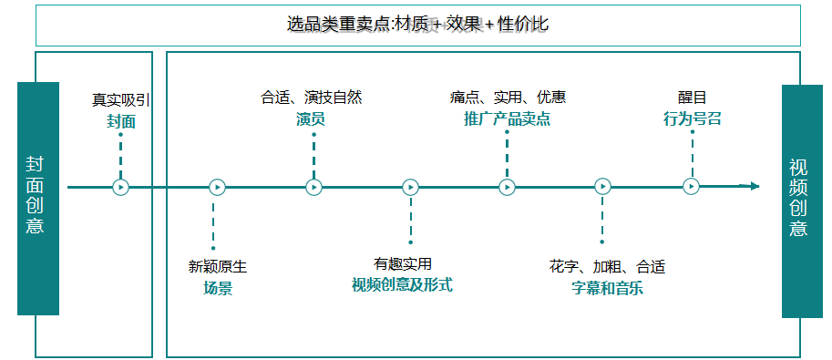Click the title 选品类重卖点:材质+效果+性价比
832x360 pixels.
417,25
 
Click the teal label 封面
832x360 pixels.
120,121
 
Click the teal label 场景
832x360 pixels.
217,289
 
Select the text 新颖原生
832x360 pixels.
217,267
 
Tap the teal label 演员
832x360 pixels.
311,118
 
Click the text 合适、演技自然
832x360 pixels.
311,98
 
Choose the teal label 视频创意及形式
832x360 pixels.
402,284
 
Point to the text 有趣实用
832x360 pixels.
402,263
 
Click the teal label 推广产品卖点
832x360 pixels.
507,118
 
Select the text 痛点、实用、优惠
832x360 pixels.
507,98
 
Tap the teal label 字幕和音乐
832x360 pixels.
607,289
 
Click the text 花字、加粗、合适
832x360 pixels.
607,267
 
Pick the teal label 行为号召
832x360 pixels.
692,118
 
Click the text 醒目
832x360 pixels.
692,98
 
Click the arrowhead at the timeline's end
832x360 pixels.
754,186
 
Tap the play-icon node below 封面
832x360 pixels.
120,187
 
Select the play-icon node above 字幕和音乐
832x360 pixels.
602,187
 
